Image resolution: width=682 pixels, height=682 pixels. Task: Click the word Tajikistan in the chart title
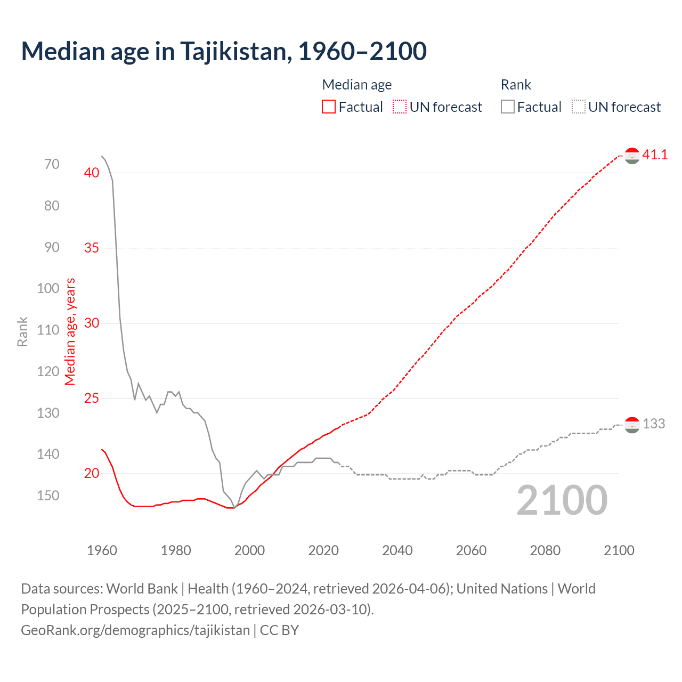(235, 52)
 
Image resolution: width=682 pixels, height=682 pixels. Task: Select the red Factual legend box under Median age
(329, 107)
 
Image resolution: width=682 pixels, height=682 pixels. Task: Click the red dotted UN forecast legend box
(400, 107)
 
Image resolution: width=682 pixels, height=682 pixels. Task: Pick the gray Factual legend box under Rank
(508, 107)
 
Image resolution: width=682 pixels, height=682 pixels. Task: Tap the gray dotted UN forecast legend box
(579, 107)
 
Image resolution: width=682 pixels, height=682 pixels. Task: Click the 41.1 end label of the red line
(655, 155)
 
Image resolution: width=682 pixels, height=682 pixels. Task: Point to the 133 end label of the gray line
(654, 424)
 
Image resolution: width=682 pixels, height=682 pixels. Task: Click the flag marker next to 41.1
(632, 156)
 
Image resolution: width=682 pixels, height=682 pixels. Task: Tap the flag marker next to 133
(632, 425)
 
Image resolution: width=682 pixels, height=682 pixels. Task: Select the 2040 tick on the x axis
(397, 550)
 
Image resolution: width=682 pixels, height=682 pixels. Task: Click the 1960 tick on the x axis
(102, 550)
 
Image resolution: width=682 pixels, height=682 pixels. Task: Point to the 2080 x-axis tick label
(545, 550)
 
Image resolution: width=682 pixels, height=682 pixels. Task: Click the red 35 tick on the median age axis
(92, 248)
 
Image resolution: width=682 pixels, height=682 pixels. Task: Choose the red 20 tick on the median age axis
(92, 473)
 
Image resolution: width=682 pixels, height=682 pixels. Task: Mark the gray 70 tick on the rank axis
(52, 165)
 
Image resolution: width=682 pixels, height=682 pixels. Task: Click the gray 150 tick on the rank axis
(48, 496)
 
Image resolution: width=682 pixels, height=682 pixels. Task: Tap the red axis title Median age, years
(70, 331)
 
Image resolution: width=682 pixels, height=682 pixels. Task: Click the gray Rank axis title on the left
(22, 331)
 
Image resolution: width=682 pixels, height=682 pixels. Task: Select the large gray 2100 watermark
(562, 500)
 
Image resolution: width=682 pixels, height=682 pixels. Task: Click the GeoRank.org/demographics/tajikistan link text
(135, 630)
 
